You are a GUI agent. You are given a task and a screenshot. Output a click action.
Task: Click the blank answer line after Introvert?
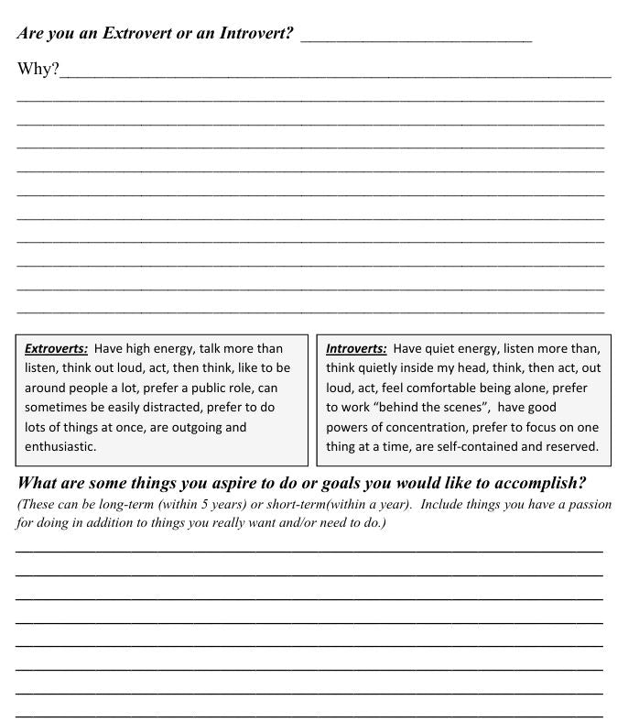point(416,39)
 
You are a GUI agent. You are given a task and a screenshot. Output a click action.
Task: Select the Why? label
point(38,71)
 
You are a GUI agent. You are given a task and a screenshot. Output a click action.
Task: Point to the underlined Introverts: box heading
point(356,349)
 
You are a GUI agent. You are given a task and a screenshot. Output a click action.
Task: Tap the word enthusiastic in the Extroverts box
point(60,447)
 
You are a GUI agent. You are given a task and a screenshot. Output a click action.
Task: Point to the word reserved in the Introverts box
point(567,447)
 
